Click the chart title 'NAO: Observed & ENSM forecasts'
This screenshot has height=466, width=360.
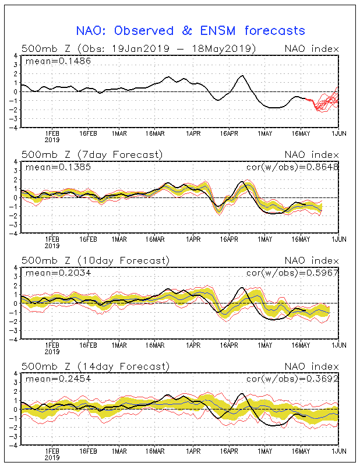tap(190, 30)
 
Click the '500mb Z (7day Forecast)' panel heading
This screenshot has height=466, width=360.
tap(91, 154)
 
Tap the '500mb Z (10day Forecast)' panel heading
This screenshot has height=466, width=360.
tap(95, 260)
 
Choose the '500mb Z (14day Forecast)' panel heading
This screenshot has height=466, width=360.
tap(95, 366)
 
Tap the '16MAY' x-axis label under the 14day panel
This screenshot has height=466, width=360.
tap(301, 450)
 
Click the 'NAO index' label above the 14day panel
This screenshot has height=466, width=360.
tap(311, 366)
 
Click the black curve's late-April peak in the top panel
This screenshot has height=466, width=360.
tap(242, 76)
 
